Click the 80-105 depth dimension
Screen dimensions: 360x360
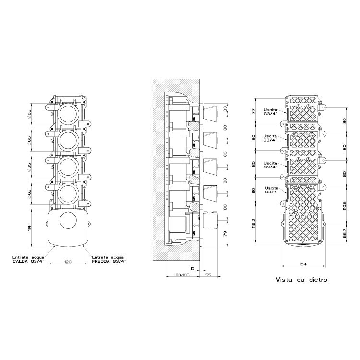[x=174, y=276]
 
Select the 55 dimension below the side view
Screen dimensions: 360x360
[x=208, y=276]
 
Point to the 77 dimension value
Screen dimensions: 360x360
[x=255, y=112]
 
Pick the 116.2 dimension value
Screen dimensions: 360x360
[x=255, y=223]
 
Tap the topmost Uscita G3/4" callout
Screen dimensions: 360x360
[x=270, y=112]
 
